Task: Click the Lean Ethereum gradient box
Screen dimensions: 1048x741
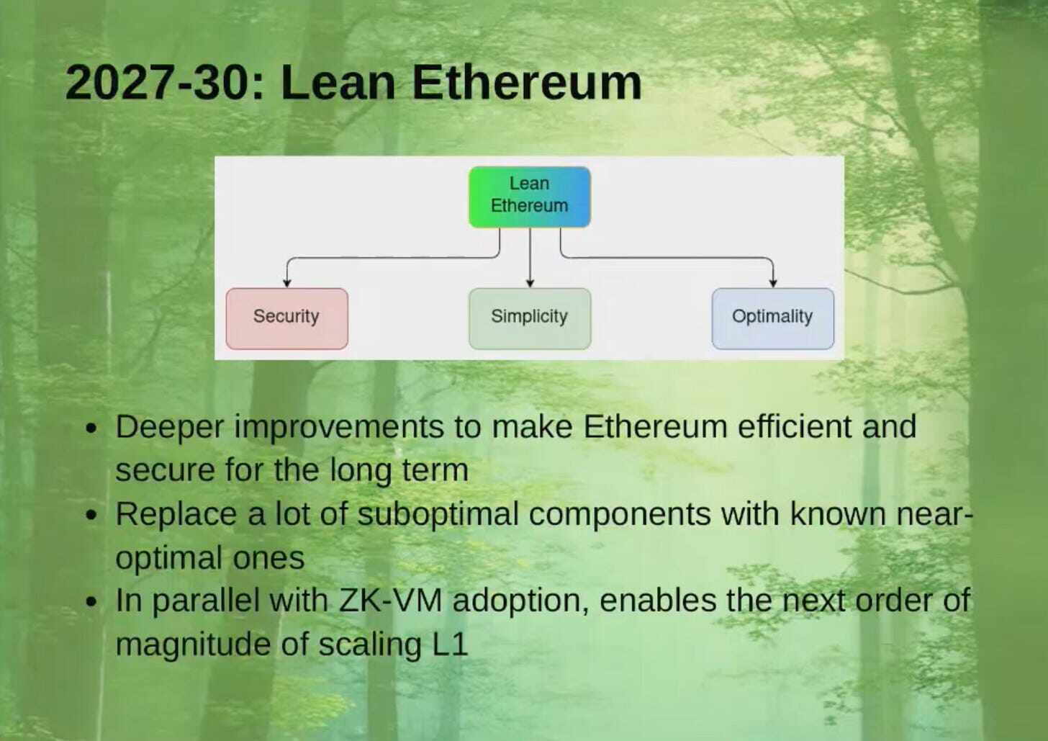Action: tap(529, 197)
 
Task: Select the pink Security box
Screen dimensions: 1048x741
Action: tap(286, 318)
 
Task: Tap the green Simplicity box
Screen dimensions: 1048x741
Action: tap(529, 318)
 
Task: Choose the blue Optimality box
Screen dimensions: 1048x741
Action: tap(772, 318)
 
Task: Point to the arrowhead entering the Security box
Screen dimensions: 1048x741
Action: tap(286, 283)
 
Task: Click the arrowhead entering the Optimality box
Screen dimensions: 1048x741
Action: tap(772, 283)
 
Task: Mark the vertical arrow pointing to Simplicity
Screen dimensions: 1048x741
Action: tap(530, 259)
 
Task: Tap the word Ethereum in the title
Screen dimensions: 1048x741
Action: tap(526, 82)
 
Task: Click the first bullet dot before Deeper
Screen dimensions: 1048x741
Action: tap(91, 428)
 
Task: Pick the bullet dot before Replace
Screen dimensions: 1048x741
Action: tap(91, 516)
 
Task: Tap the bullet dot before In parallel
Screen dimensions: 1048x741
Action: tap(91, 602)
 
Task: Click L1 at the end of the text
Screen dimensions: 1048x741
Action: tap(450, 644)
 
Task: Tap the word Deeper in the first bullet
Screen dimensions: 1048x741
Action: tap(169, 428)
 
